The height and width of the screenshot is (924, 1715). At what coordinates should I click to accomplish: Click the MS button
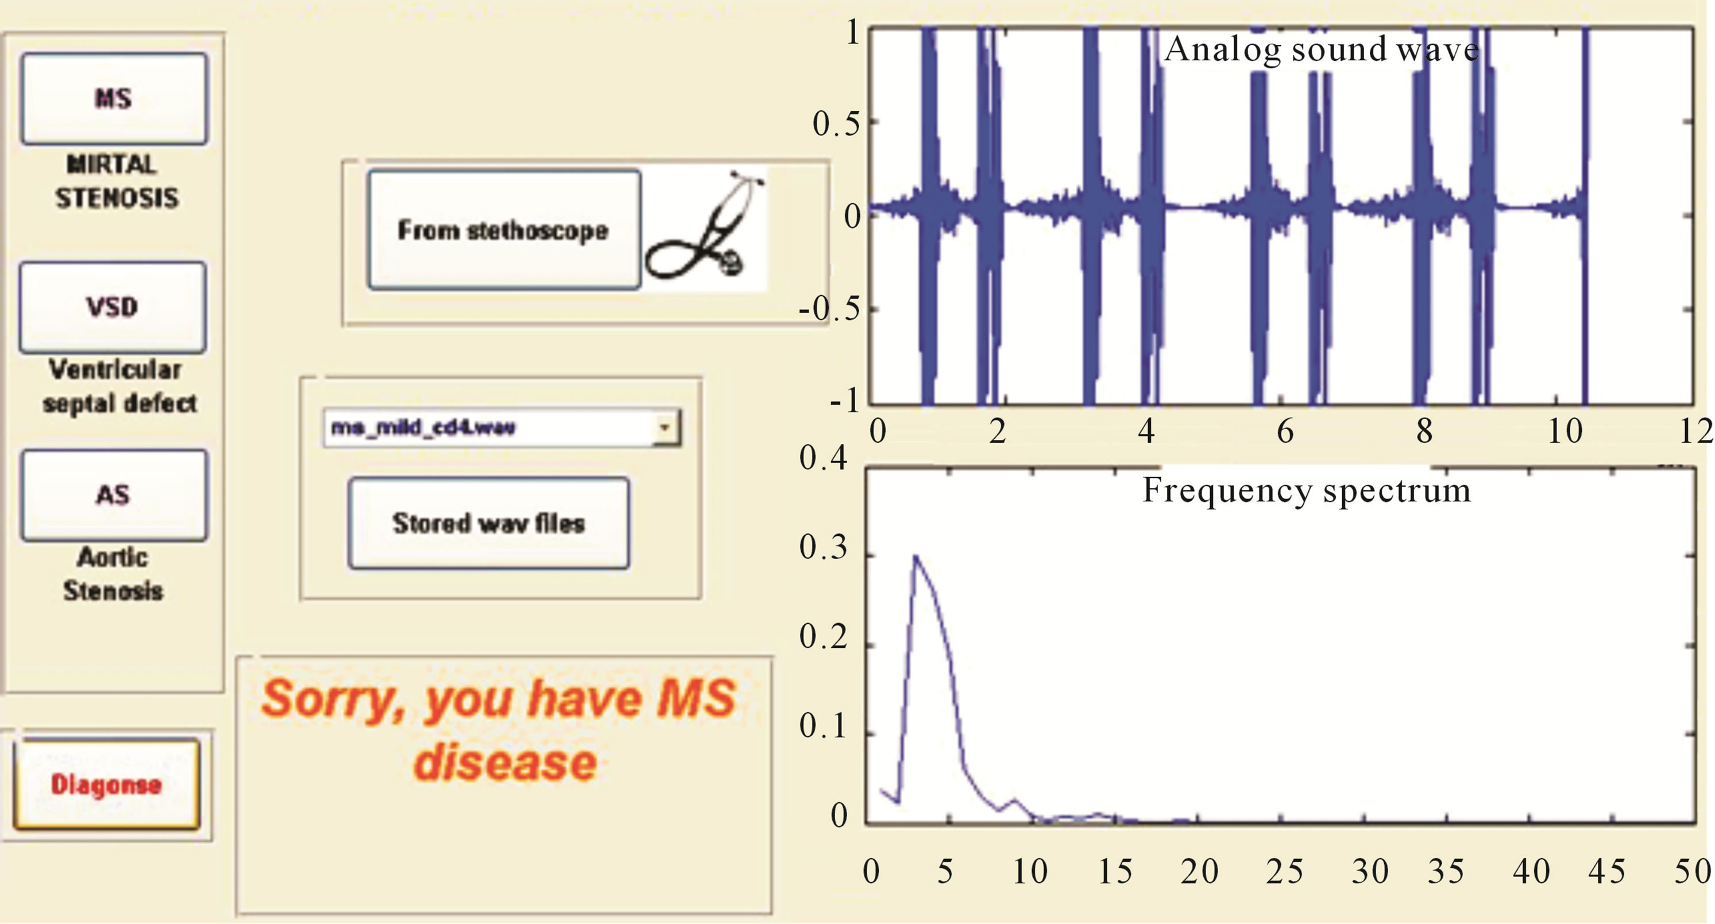tap(114, 99)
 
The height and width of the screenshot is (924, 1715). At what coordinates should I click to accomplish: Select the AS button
tap(114, 495)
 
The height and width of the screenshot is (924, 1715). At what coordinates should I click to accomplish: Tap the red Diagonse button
tap(106, 784)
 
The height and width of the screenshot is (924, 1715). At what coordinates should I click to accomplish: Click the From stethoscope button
tap(504, 230)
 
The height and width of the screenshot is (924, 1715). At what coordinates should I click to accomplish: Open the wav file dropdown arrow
tap(665, 427)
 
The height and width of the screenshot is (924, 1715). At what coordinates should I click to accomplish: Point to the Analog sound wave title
tap(1322, 50)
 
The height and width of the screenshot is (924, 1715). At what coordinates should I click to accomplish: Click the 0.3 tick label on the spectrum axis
tap(823, 547)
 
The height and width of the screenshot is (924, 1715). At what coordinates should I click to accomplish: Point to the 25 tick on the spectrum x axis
tap(1284, 871)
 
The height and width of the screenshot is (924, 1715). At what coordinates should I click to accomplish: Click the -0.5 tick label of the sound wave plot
tap(828, 309)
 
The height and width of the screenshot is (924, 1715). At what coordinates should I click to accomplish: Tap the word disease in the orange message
tap(505, 762)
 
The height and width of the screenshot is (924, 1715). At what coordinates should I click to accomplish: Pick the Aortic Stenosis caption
tap(113, 574)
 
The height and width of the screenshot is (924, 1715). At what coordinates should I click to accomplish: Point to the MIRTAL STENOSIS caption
tap(117, 181)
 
